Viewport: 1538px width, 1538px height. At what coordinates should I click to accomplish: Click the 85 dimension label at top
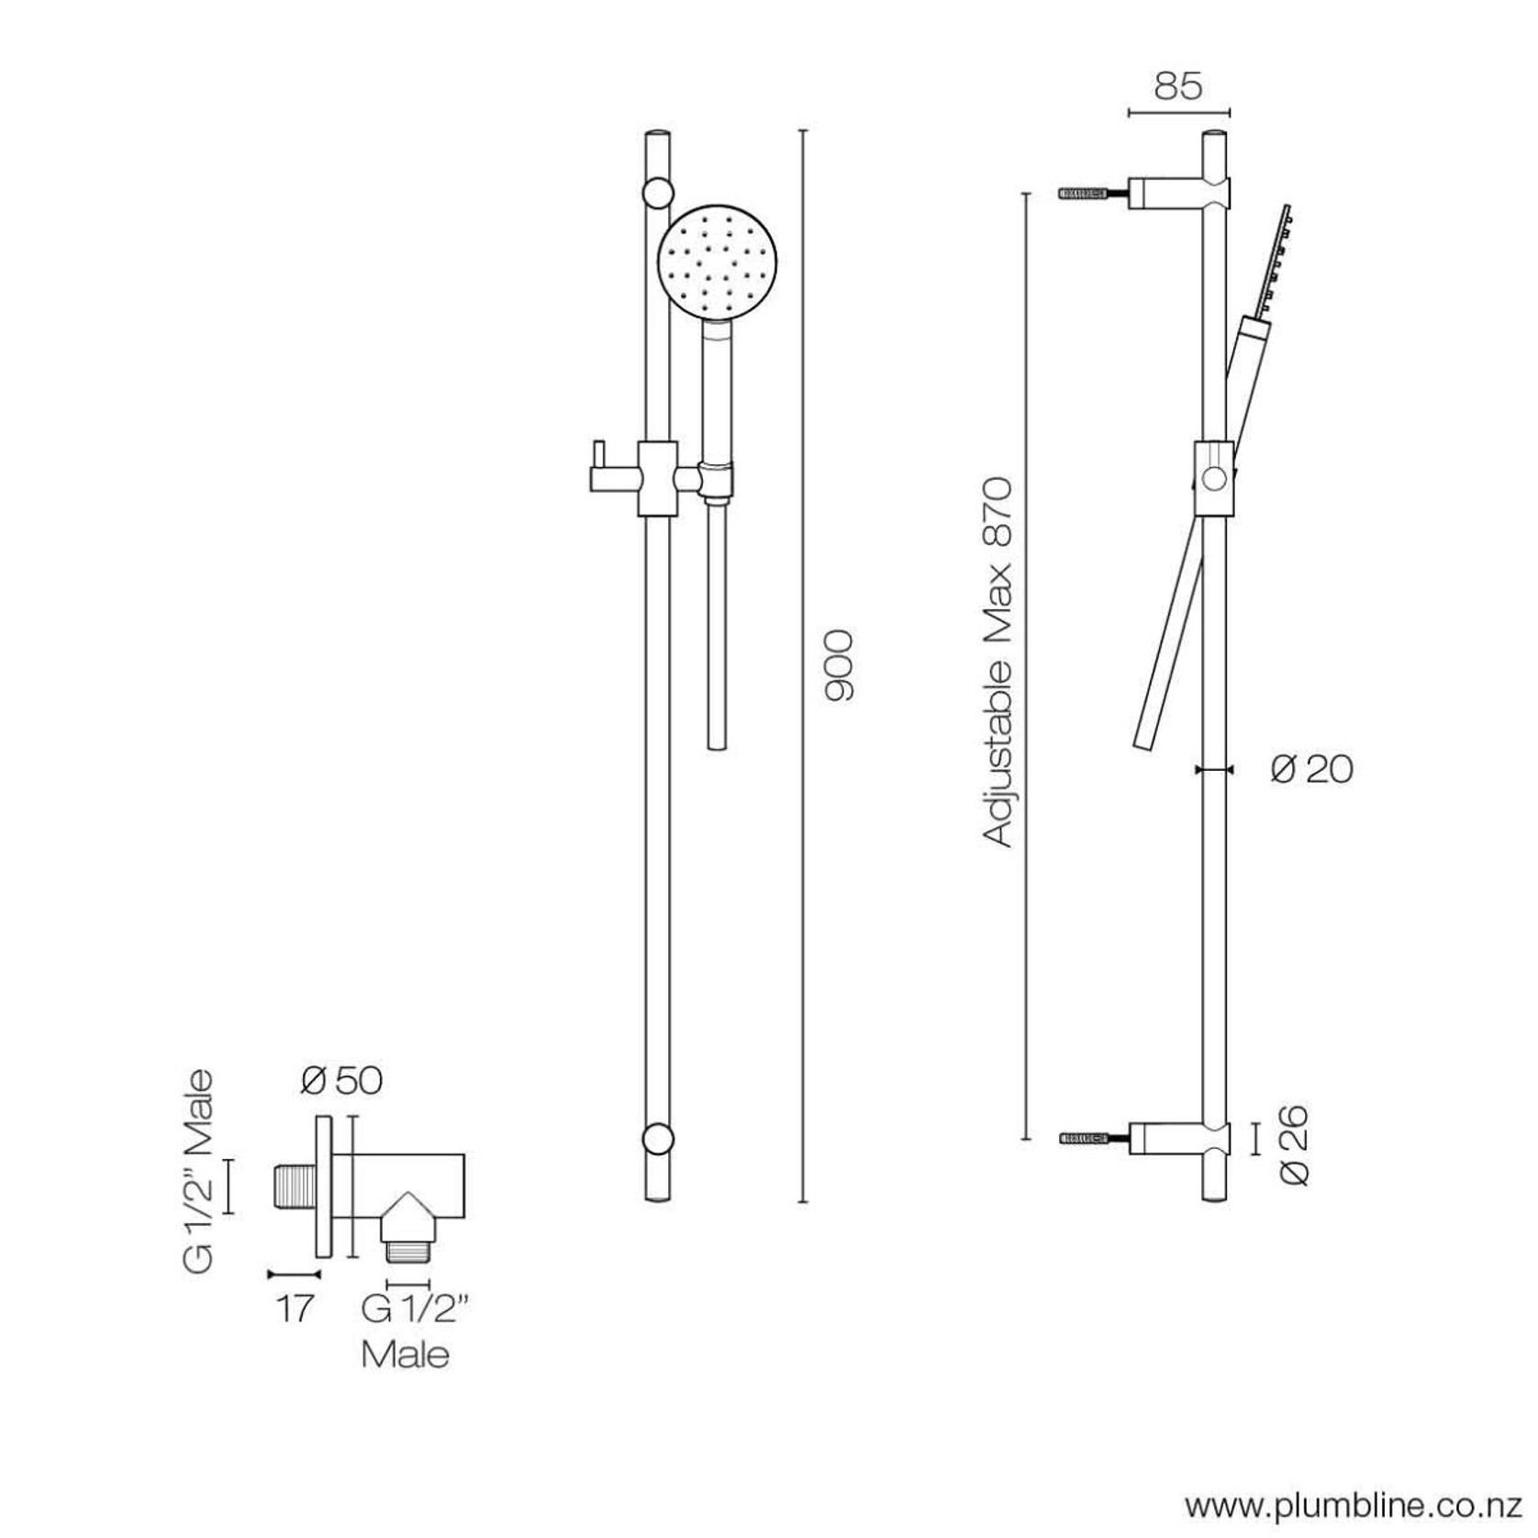(1177, 86)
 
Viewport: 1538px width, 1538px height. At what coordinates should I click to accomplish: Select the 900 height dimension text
(839, 666)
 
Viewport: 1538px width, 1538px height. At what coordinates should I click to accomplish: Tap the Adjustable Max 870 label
(997, 661)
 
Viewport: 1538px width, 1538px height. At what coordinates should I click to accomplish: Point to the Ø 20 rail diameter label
(1312, 769)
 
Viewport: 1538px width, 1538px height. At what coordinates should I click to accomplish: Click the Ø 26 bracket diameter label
(1295, 1146)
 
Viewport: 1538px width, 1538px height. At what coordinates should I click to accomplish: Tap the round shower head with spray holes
(719, 263)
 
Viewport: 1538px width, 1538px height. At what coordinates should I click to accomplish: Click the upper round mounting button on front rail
(658, 193)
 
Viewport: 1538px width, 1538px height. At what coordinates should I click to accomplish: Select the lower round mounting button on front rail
(658, 1139)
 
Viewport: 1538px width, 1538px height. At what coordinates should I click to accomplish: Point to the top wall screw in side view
(1087, 195)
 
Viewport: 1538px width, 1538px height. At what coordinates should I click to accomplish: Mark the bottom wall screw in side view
(1087, 1138)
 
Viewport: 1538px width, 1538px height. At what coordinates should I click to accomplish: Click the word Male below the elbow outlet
(406, 1354)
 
